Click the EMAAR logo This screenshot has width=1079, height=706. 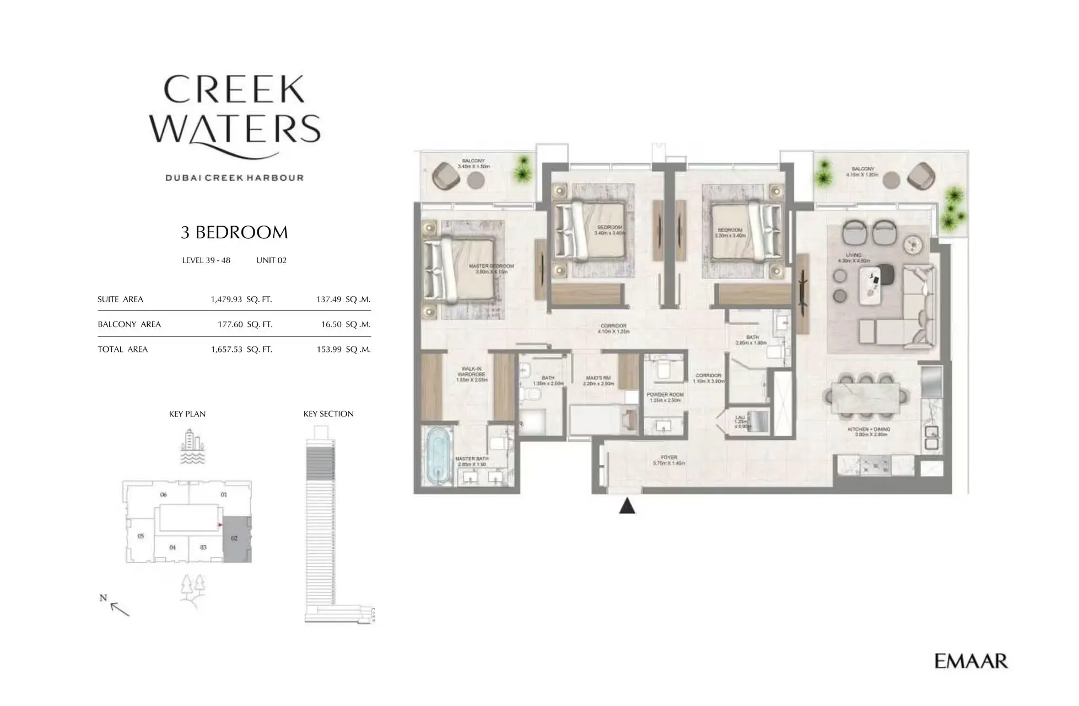971,661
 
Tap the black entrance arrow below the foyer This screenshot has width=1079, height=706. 627,506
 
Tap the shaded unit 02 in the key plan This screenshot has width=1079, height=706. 236,539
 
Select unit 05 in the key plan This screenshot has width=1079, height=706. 141,536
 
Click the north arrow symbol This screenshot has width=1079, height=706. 118,607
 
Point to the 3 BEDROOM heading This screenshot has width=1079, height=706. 234,232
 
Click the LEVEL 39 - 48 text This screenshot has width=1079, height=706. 206,260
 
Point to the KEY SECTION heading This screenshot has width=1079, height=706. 328,414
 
